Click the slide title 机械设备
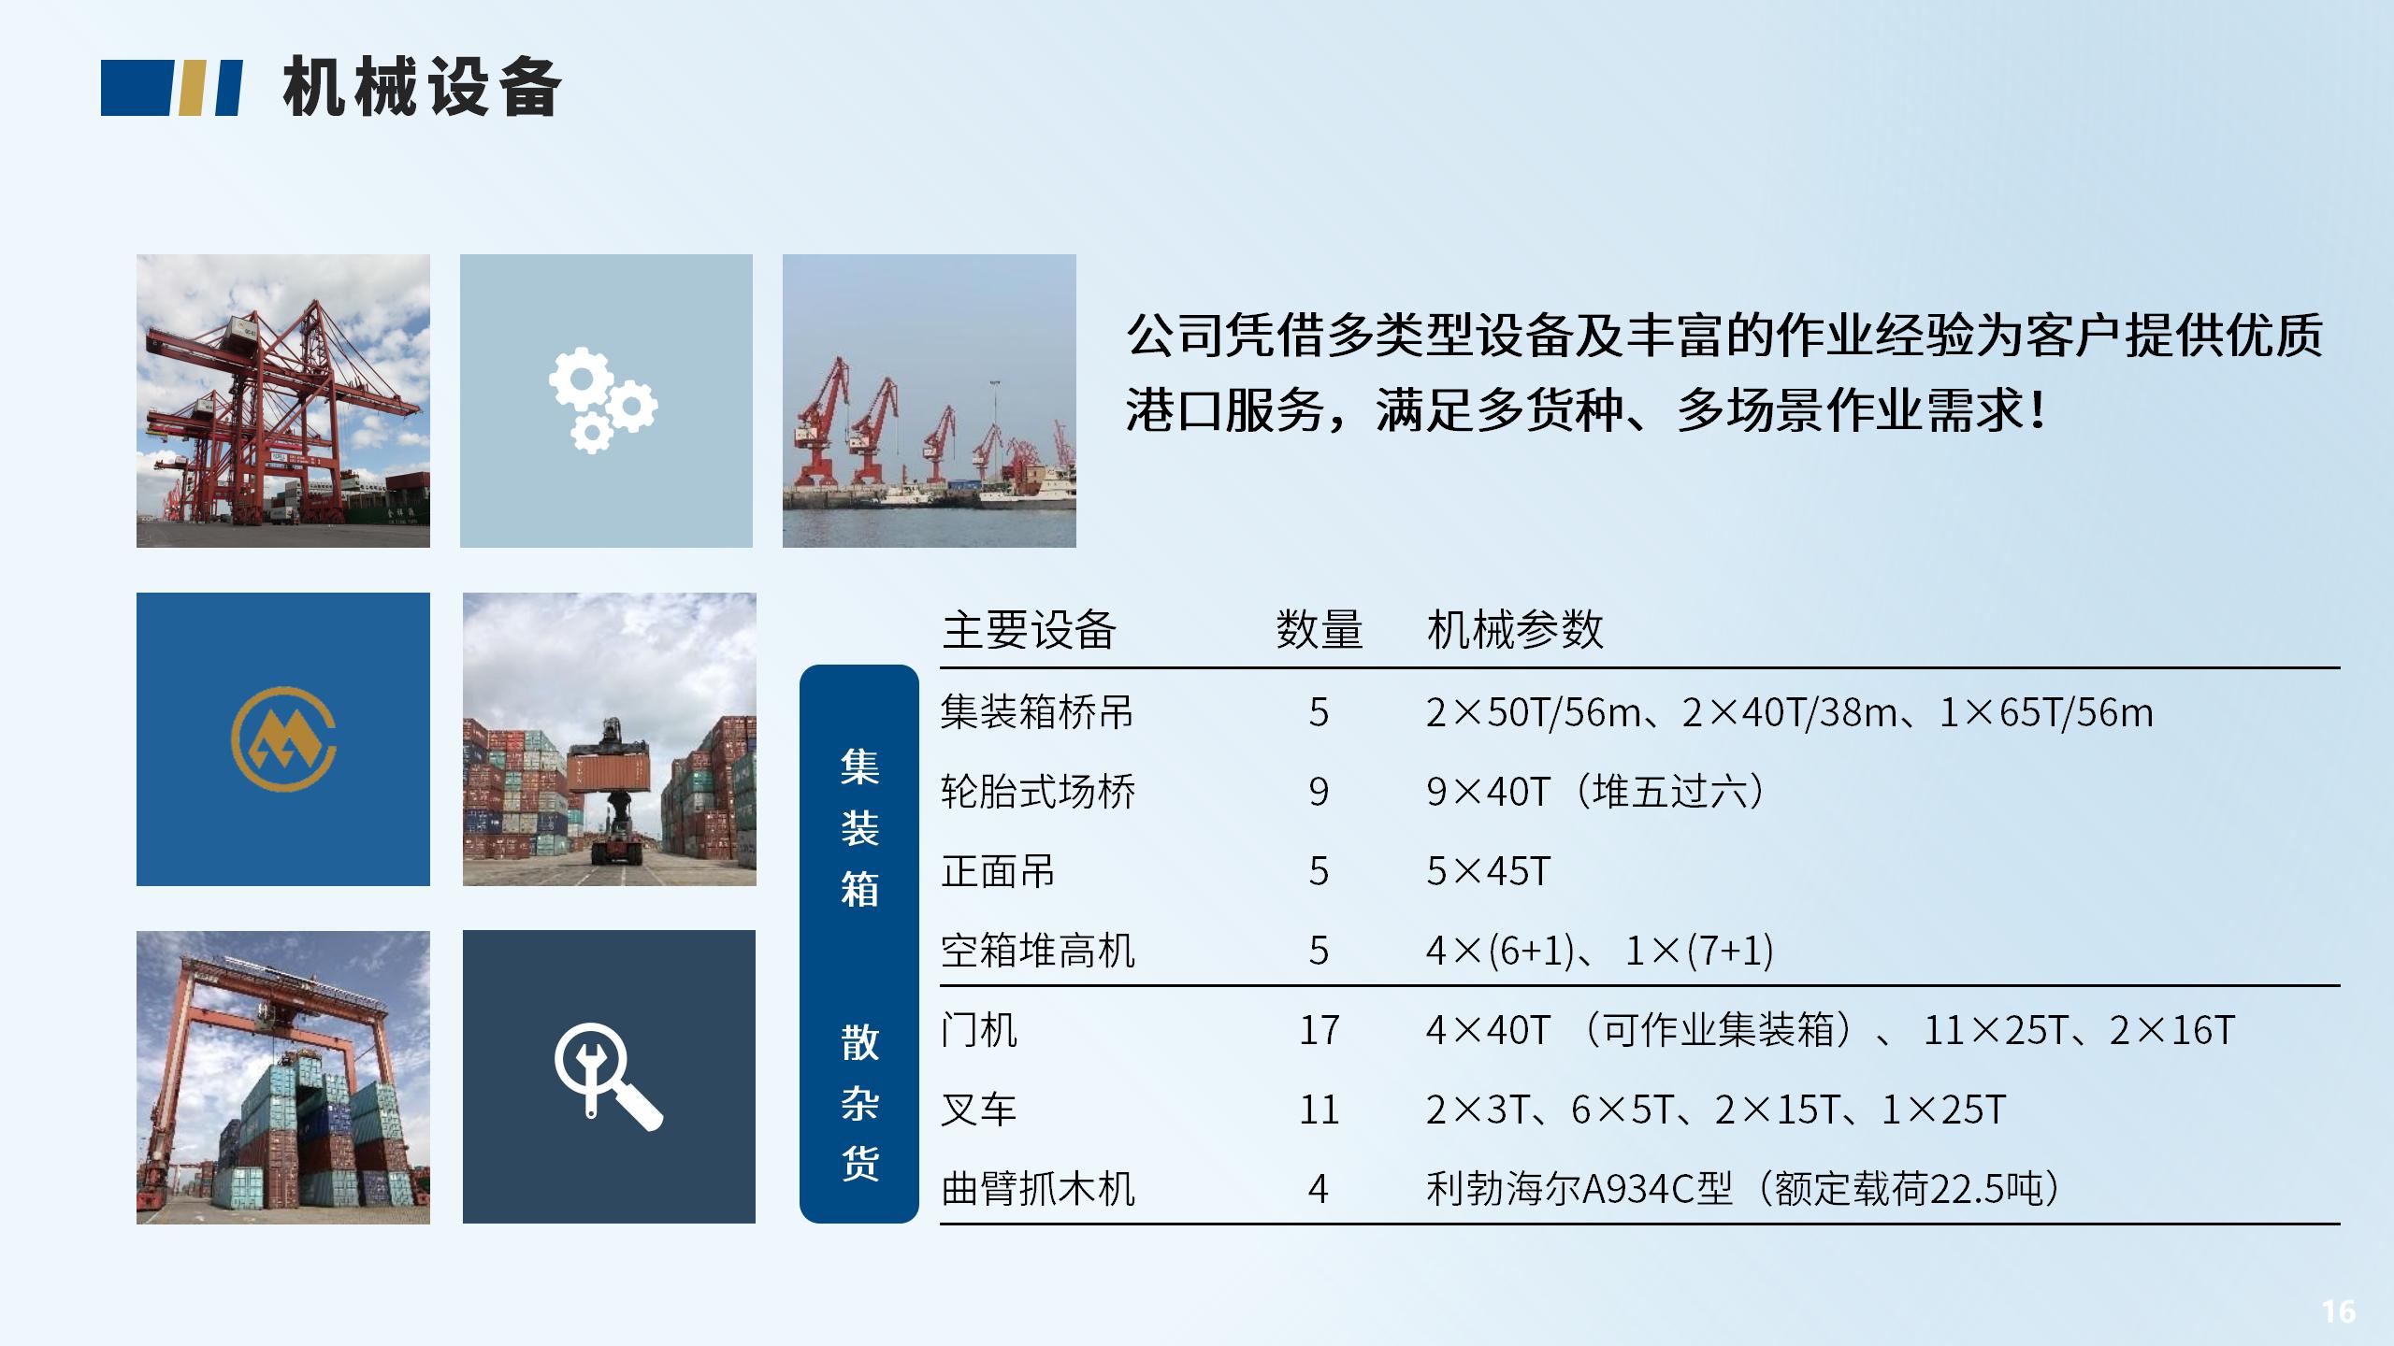click(x=422, y=87)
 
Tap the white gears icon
click(x=603, y=401)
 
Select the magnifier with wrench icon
click(x=608, y=1077)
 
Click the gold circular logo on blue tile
click(x=283, y=739)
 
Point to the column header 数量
click(x=1319, y=629)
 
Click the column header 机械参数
click(x=1515, y=629)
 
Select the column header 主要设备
click(x=1029, y=629)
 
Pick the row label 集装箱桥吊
click(x=1036, y=712)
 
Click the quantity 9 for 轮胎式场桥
click(x=1319, y=793)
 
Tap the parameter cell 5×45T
click(x=1488, y=872)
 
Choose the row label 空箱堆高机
click(x=1037, y=952)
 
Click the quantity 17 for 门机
click(x=1319, y=1031)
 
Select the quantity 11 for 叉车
click(x=1319, y=1110)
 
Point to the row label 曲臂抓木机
click(x=1037, y=1190)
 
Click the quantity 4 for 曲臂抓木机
click(x=1319, y=1190)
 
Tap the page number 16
click(x=2338, y=1311)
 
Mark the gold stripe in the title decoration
click(x=193, y=88)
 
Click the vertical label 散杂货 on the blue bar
click(x=859, y=1103)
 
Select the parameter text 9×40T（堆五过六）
click(x=1595, y=793)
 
